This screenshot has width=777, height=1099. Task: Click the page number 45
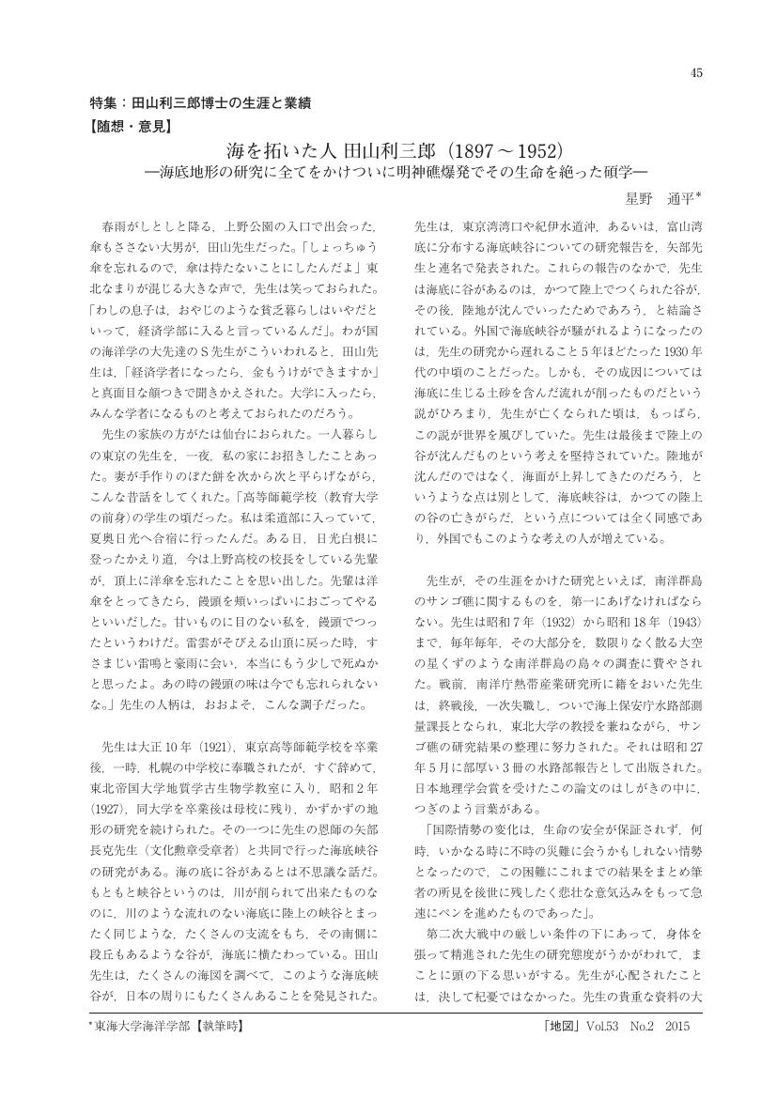[x=696, y=73]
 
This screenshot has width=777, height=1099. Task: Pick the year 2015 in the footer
[x=676, y=1029]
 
